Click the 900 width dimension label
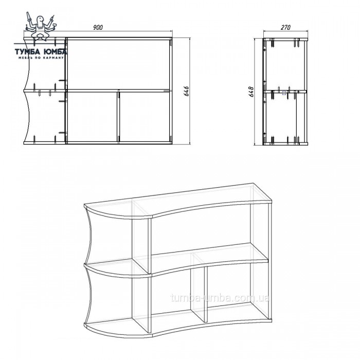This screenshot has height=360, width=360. pos(98,27)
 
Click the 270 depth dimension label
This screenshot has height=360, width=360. pos(285,27)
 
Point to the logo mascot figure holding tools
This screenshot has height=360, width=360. pos(41,27)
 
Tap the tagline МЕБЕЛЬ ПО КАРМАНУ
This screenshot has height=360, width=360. pos(41,58)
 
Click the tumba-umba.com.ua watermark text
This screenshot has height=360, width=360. pos(220,298)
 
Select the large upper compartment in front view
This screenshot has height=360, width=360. pos(119,64)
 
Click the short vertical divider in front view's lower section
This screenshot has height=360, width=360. pos(118,117)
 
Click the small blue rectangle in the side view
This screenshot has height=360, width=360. pos(284,93)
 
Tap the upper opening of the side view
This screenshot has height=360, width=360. pos(285,65)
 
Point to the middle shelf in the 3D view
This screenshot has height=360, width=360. pos(177,260)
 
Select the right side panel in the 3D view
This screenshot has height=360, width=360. pos(270,261)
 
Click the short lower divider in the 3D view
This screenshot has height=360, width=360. pos(200,288)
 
